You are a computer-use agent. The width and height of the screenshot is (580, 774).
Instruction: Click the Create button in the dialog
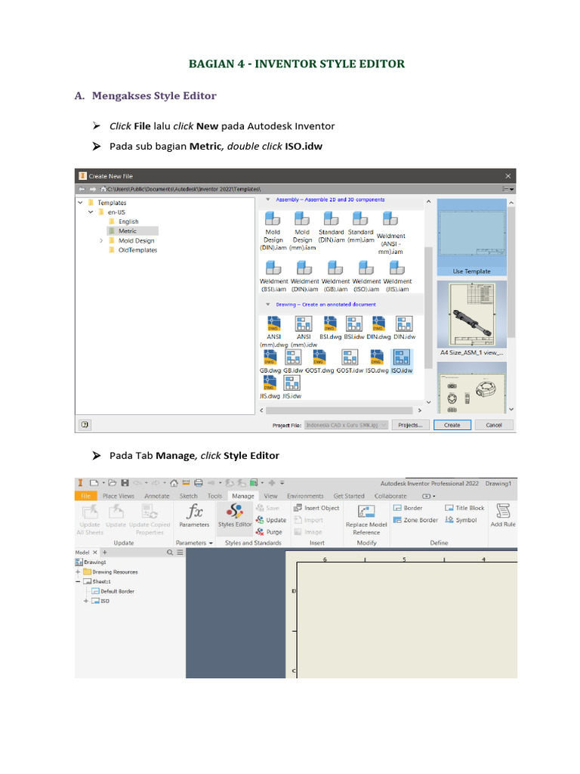(452, 425)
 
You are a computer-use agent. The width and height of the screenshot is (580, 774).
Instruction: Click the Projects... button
(410, 425)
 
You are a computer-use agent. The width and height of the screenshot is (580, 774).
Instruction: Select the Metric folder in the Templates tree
(127, 231)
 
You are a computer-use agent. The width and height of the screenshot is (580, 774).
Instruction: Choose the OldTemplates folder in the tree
(137, 249)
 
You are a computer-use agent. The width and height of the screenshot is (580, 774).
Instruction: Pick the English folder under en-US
(128, 221)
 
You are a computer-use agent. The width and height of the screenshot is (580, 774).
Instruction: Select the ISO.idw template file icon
(401, 358)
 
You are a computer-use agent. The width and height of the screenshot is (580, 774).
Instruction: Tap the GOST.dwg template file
(319, 358)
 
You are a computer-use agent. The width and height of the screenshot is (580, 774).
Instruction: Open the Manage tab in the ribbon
(242, 496)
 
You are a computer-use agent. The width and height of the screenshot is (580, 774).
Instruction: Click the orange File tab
(85, 496)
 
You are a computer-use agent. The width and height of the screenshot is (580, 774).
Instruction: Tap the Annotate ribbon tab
(157, 496)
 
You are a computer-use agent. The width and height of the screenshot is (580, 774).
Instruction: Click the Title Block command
(464, 508)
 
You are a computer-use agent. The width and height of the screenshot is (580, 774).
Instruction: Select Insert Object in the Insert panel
(316, 508)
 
